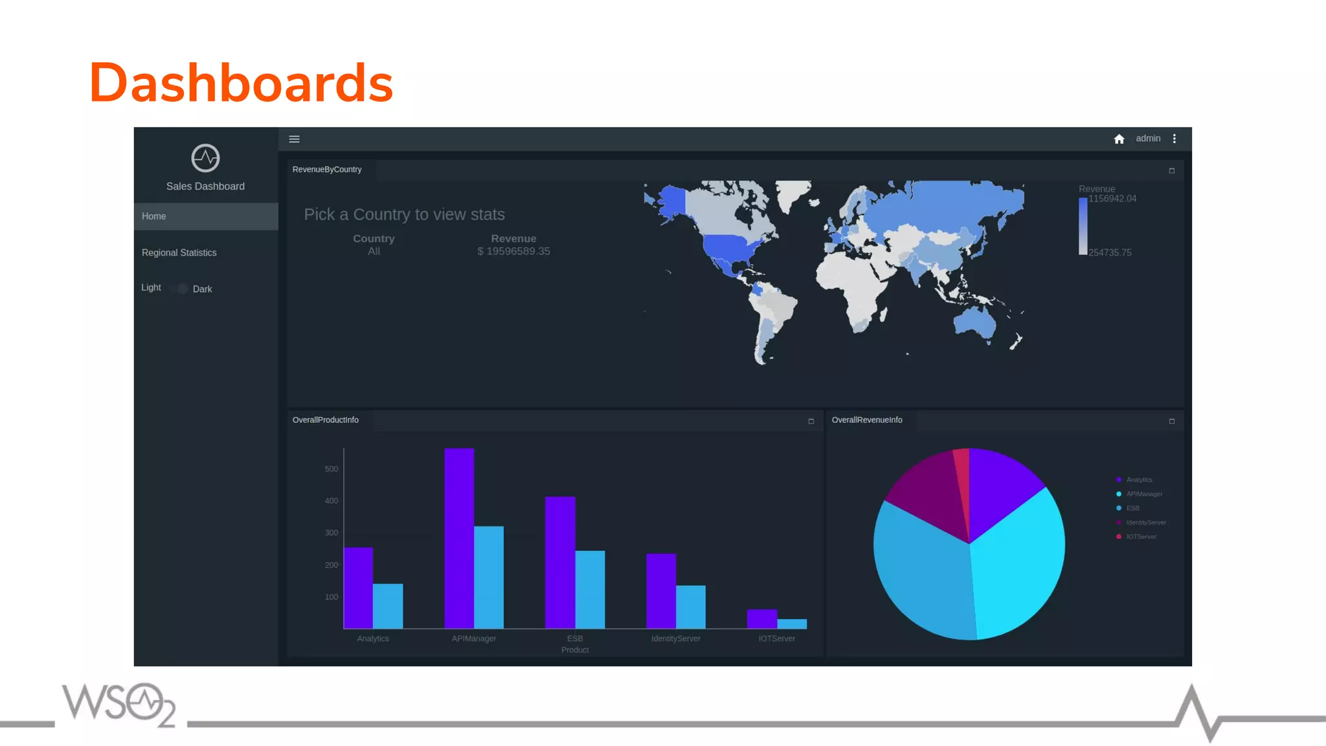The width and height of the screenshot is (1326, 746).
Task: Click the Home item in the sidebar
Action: tap(154, 216)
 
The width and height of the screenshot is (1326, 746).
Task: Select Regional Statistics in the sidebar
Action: tap(179, 253)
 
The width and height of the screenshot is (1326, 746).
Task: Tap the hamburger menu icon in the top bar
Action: tap(294, 139)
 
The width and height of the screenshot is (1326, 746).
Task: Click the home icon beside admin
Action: tap(1119, 139)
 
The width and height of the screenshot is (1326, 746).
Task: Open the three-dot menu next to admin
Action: tap(1174, 139)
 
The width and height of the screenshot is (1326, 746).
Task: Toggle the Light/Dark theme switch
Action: tap(182, 289)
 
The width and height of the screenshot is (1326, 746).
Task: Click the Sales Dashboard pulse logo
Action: tap(205, 158)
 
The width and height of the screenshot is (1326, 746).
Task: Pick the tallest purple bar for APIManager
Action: tap(459, 537)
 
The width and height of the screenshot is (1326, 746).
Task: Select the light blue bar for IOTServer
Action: tap(792, 624)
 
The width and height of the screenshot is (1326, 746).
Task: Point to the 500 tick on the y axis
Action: tap(331, 469)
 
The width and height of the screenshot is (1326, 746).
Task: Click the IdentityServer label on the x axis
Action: tap(676, 639)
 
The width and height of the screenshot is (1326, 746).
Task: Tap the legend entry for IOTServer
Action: tap(1141, 537)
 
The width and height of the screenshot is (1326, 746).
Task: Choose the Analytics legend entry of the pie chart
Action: tap(1139, 480)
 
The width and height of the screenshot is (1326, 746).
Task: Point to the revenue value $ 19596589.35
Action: tap(513, 251)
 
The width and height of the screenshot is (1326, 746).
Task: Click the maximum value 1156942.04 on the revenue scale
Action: tap(1112, 199)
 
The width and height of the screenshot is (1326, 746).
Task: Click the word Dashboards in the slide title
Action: tap(241, 83)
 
